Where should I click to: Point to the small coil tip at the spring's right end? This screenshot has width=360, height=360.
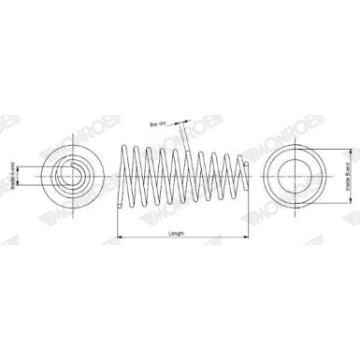tap(245, 165)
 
